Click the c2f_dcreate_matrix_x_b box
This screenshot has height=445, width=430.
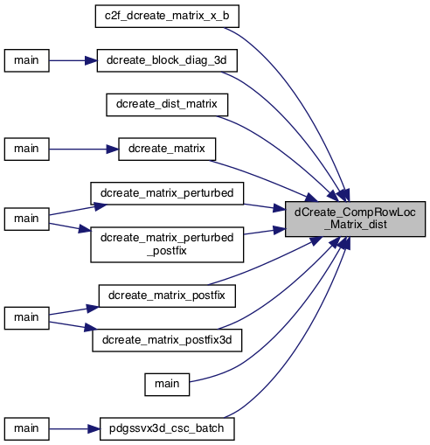click(x=167, y=17)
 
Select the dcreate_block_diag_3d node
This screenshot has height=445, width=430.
click(x=167, y=60)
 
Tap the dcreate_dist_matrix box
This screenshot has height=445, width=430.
click(x=167, y=105)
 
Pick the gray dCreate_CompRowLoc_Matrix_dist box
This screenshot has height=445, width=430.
click(x=355, y=219)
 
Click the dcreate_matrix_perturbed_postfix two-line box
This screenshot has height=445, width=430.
click(x=167, y=245)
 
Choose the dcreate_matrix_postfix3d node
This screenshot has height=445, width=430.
click(x=167, y=340)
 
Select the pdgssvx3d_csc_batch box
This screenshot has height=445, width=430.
click(x=167, y=429)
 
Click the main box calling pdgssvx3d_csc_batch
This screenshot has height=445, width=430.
click(x=26, y=429)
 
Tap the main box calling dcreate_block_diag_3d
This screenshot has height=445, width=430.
click(x=26, y=60)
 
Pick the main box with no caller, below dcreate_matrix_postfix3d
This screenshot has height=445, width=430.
click(x=167, y=385)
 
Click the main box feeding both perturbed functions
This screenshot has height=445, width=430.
click(x=26, y=219)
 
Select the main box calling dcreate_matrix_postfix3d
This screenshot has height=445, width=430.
click(x=26, y=318)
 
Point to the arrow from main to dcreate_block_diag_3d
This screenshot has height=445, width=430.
click(x=73, y=60)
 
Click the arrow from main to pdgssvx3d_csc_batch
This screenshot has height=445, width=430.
click(x=74, y=429)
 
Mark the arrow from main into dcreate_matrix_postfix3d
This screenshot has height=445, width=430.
click(x=73, y=326)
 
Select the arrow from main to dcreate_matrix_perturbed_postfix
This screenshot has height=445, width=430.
click(x=70, y=227)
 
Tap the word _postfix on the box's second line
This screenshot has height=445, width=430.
click(x=167, y=251)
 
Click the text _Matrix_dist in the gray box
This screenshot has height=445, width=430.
click(x=356, y=225)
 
